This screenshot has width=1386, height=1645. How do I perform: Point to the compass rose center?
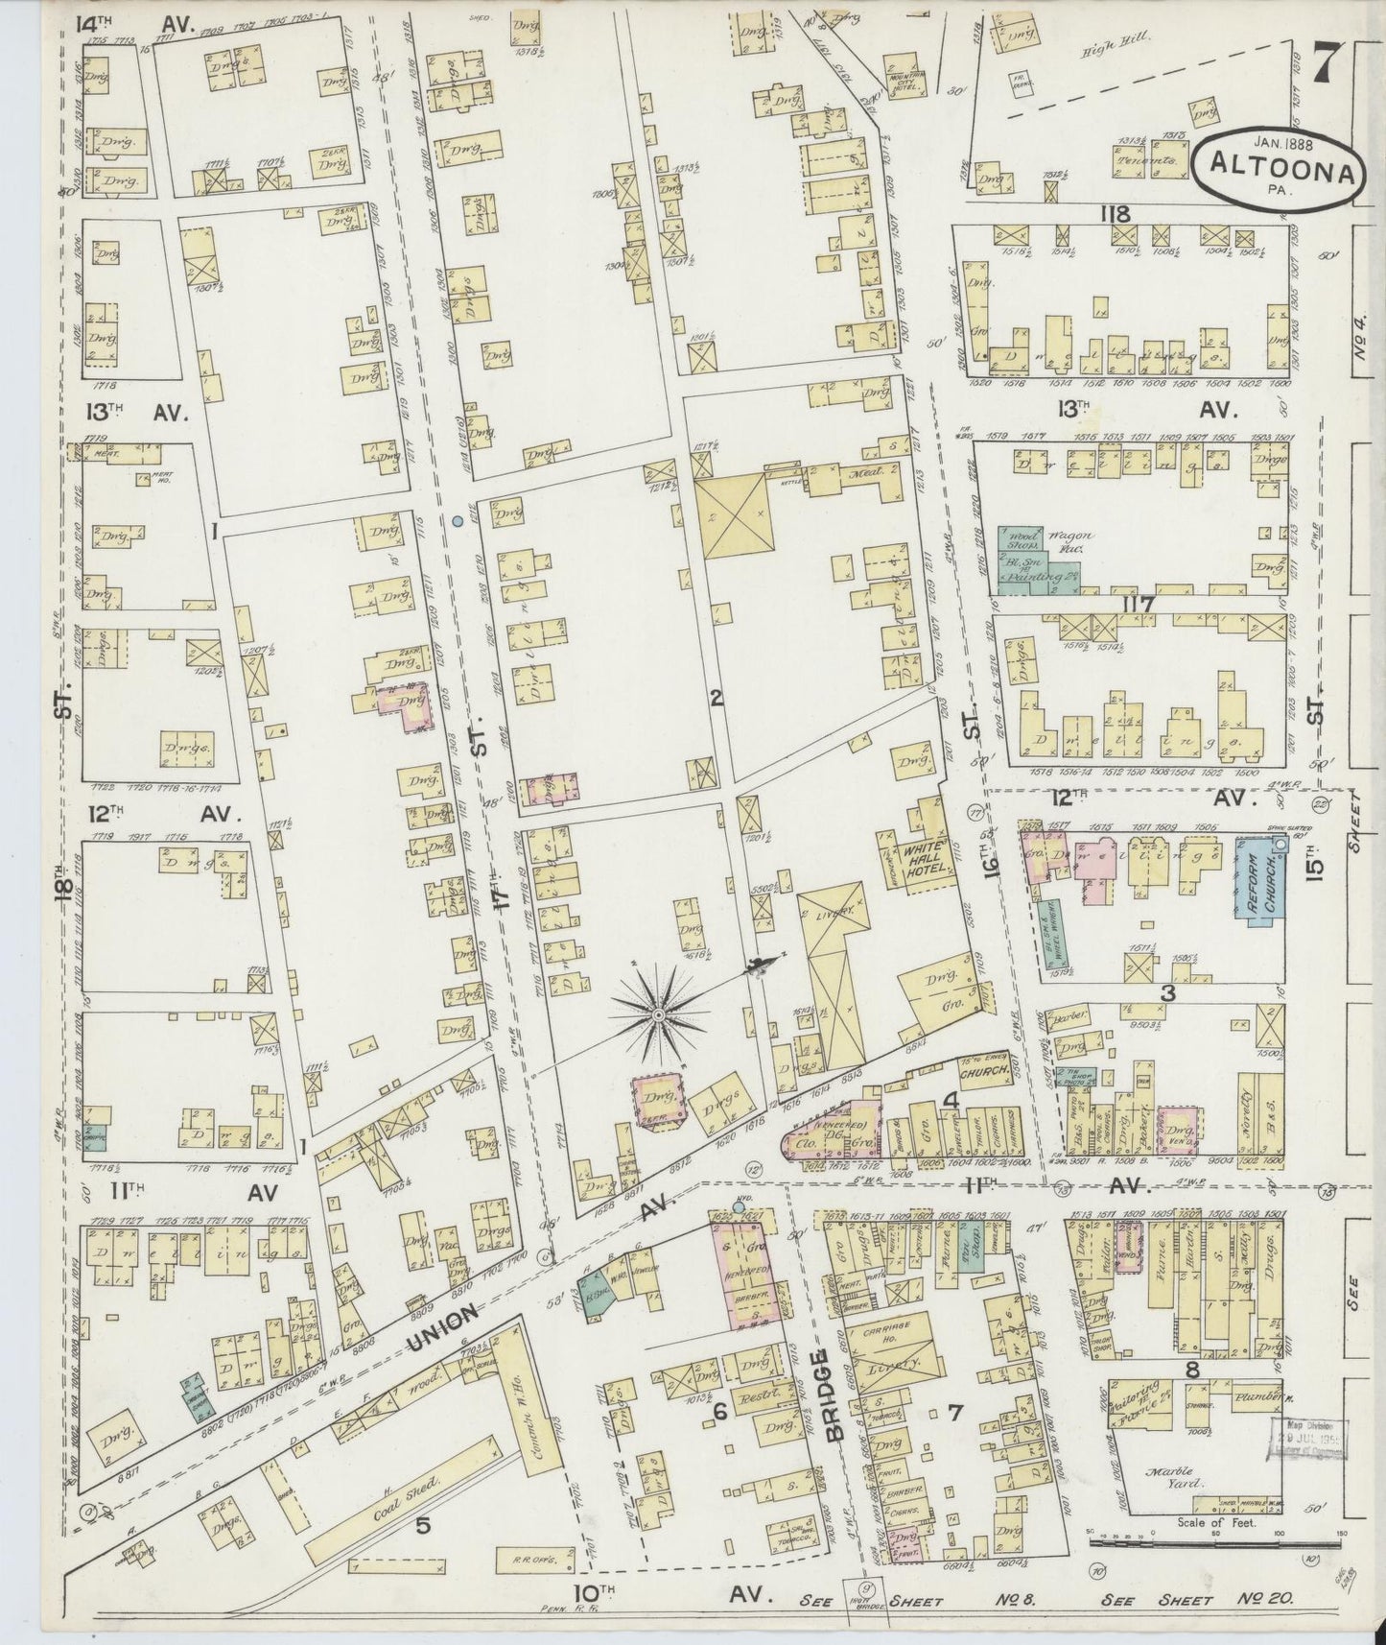coord(659,1013)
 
